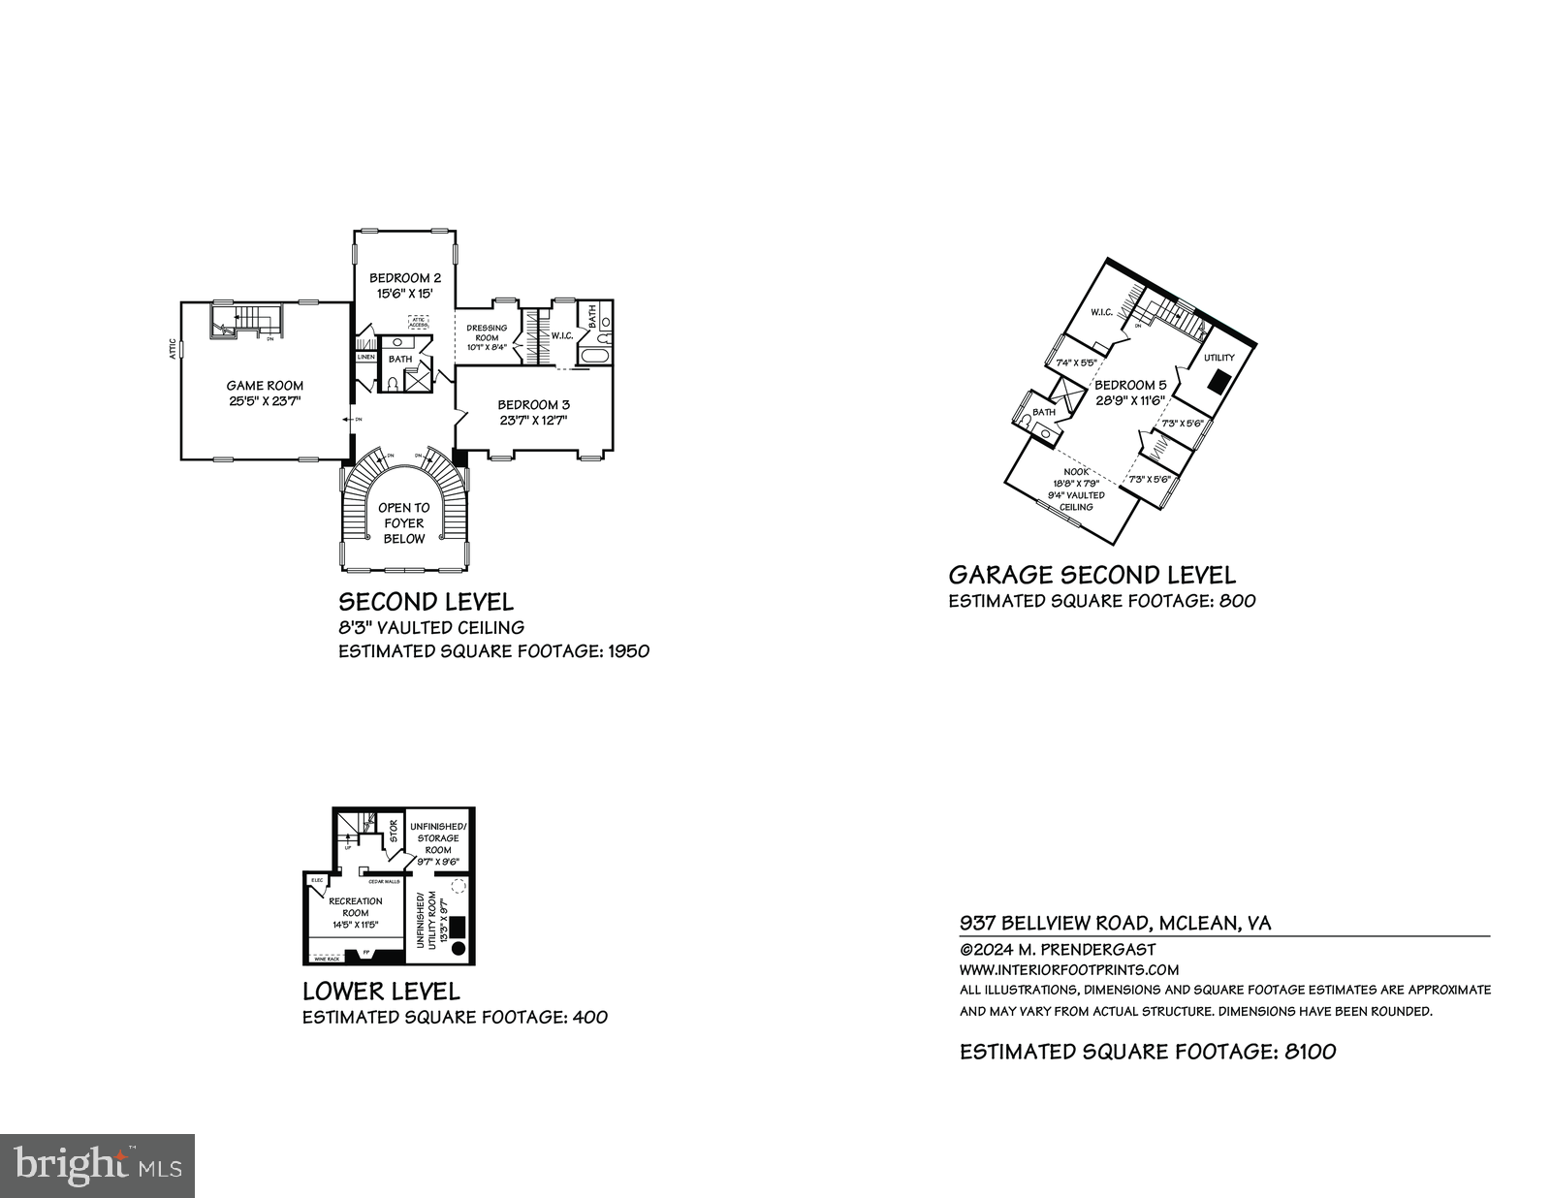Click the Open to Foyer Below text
click(403, 523)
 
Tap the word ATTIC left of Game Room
click(173, 349)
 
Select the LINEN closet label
click(365, 357)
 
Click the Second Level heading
click(426, 602)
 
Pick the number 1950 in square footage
click(627, 651)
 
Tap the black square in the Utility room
click(1219, 382)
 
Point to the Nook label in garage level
click(1076, 471)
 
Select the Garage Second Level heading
click(1092, 576)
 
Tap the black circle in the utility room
click(459, 948)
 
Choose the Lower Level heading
click(381, 992)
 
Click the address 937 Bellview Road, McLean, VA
click(1115, 923)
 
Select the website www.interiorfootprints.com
click(1068, 969)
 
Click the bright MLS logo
click(97, 1166)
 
